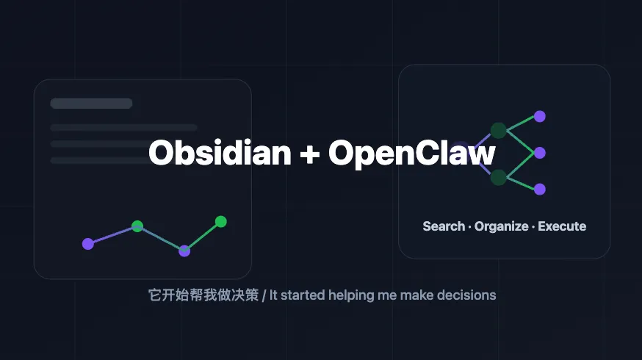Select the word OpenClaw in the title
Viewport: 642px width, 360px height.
pyautogui.click(x=411, y=154)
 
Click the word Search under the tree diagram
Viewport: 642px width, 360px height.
pyautogui.click(x=444, y=226)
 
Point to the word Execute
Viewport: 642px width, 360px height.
pyautogui.click(x=562, y=226)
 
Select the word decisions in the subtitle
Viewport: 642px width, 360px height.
pyautogui.click(x=466, y=295)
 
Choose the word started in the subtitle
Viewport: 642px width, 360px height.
pyautogui.click(x=300, y=295)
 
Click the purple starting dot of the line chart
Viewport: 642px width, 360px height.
pyautogui.click(x=88, y=243)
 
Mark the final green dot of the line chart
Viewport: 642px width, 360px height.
pyautogui.click(x=220, y=221)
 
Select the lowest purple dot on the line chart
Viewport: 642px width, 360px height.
pyautogui.click(x=184, y=251)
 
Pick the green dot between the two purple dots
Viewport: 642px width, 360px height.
pyautogui.click(x=137, y=226)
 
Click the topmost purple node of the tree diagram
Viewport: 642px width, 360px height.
pyautogui.click(x=540, y=116)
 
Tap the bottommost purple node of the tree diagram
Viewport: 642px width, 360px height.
pyautogui.click(x=540, y=190)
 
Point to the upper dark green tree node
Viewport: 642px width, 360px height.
pyautogui.click(x=499, y=130)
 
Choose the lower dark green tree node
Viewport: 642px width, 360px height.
pyautogui.click(x=499, y=177)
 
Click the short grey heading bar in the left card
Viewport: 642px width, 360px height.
pyautogui.click(x=91, y=104)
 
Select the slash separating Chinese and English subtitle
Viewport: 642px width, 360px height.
pyautogui.click(x=264, y=295)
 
